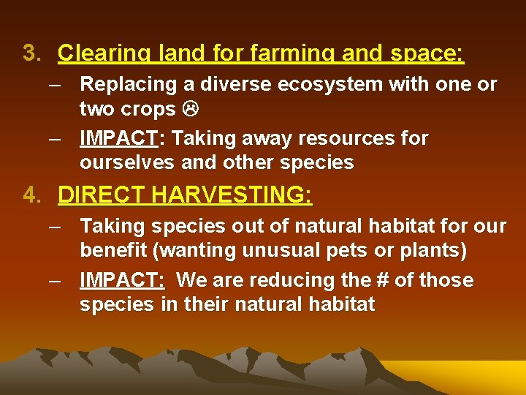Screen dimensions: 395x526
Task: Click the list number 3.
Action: (30, 53)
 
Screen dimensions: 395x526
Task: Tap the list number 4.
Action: (30, 195)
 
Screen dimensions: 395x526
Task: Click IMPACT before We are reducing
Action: (121, 280)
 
